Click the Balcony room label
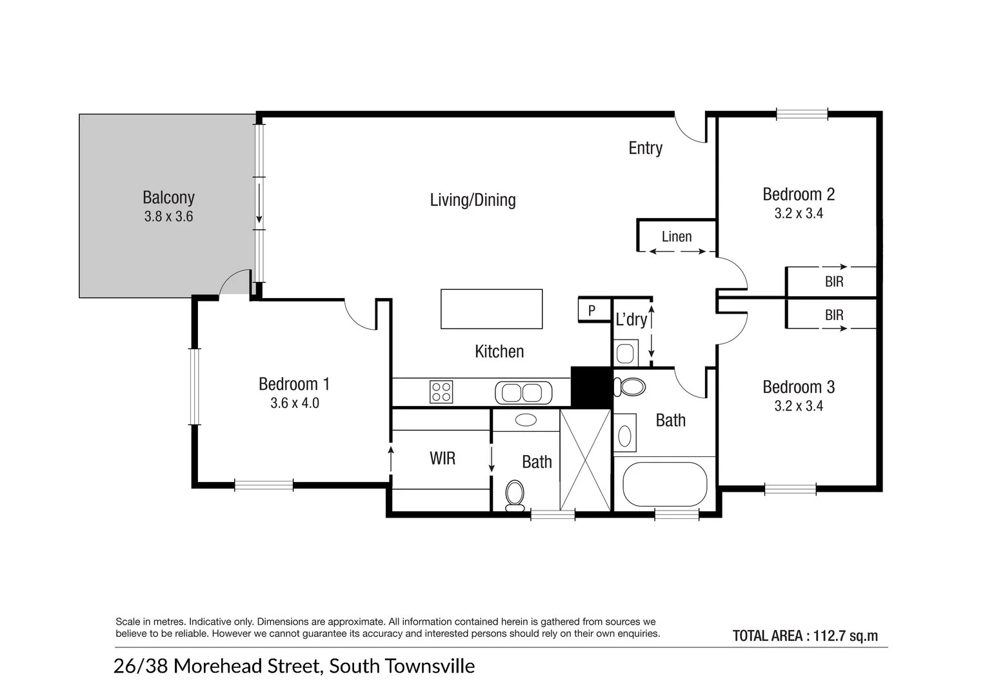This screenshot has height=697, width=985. click(168, 197)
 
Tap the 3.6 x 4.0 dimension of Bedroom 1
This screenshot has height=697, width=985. click(295, 403)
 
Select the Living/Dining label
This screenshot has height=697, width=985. click(473, 200)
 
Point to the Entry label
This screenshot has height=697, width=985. click(645, 148)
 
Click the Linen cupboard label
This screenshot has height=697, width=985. click(677, 237)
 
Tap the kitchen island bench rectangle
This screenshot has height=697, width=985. click(492, 309)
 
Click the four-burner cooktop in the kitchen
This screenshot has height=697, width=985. click(441, 392)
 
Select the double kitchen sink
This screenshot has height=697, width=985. click(523, 392)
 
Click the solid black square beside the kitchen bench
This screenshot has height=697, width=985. click(592, 387)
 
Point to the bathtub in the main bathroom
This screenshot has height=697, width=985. click(665, 484)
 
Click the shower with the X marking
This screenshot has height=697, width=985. click(585, 460)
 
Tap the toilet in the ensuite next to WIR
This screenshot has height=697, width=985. click(515, 496)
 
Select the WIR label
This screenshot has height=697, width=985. click(443, 458)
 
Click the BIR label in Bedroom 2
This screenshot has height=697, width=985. click(834, 281)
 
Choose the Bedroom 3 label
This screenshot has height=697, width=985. click(799, 387)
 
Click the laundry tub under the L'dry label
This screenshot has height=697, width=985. click(625, 353)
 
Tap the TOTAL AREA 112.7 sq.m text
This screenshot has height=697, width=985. click(805, 636)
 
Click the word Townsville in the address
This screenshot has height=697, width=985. click(431, 666)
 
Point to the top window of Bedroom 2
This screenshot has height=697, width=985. click(802, 114)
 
